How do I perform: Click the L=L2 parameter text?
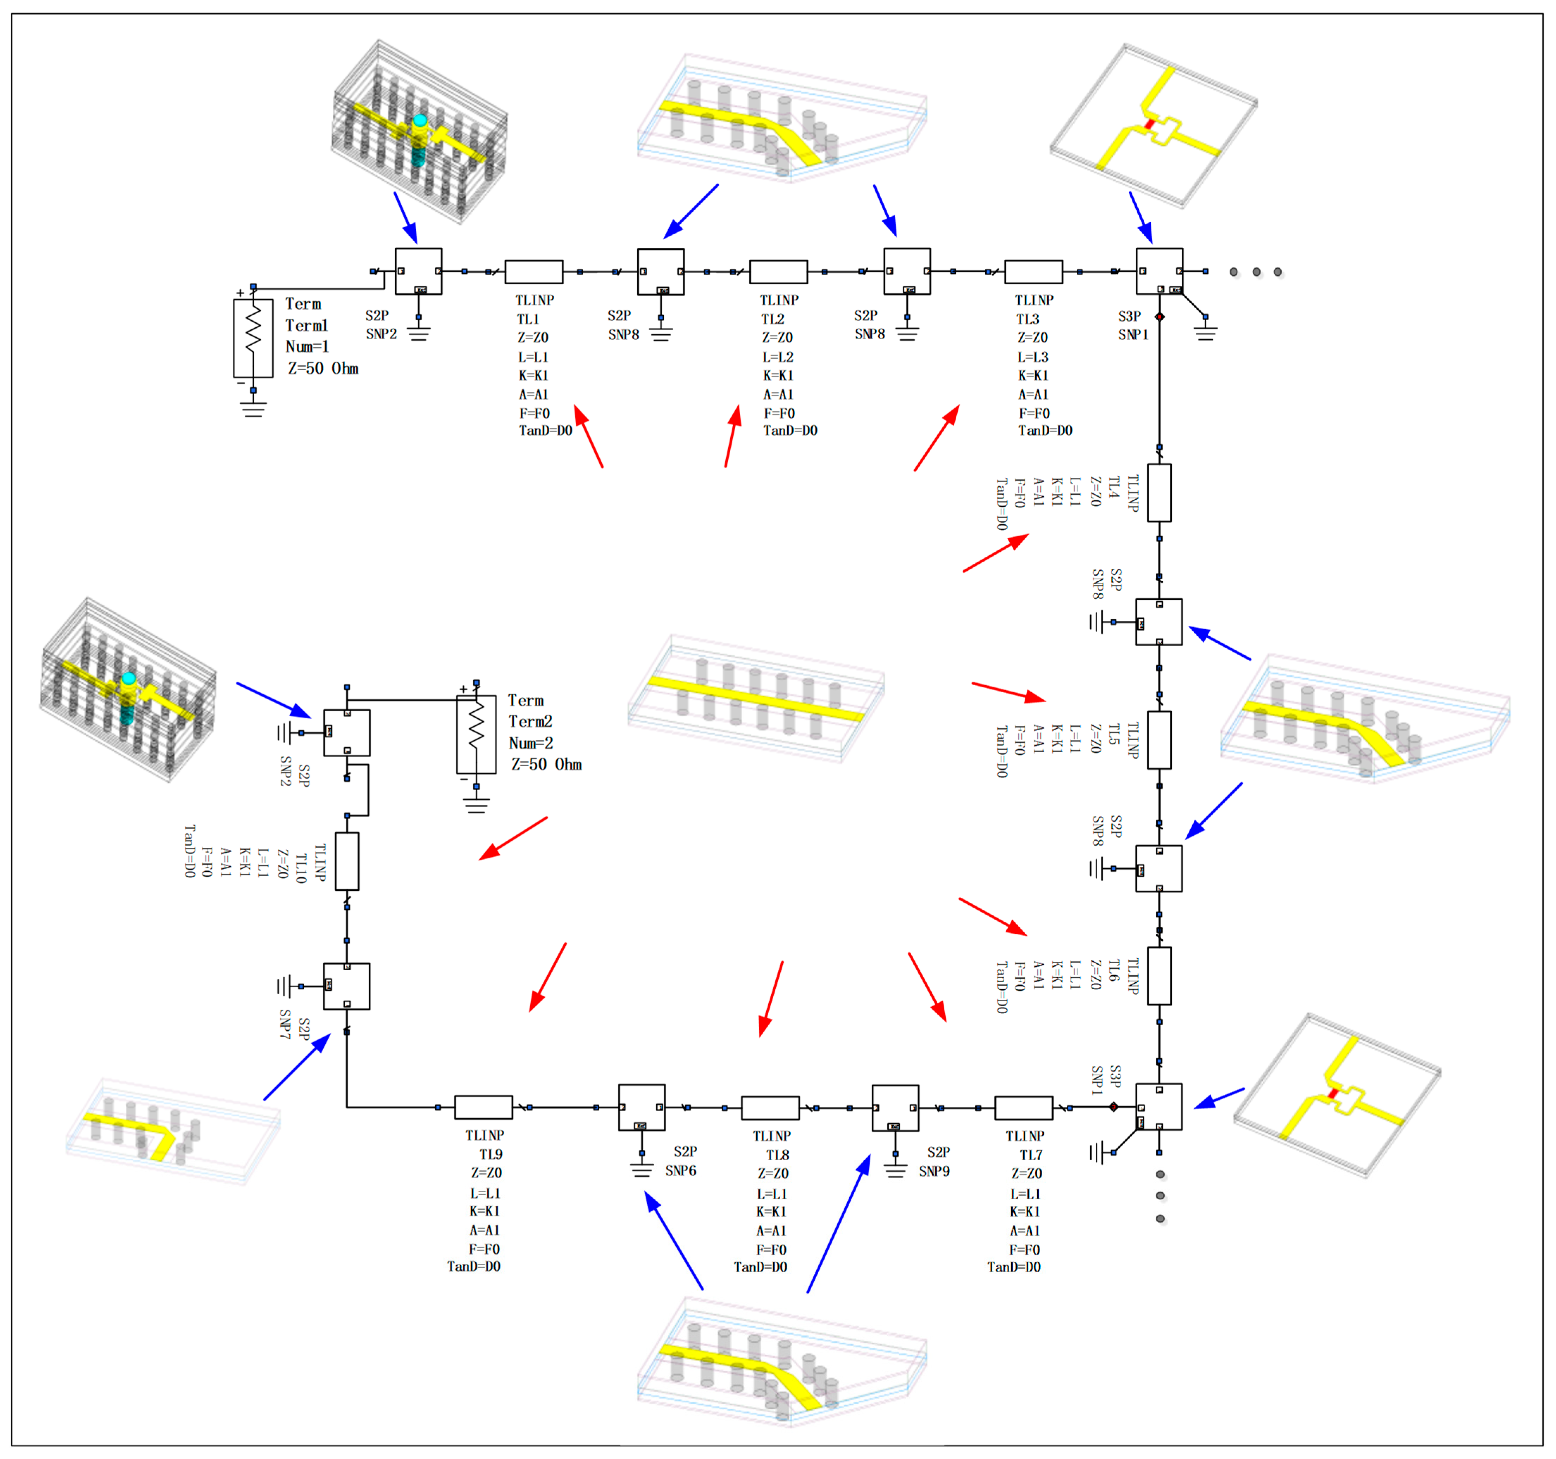click(x=778, y=356)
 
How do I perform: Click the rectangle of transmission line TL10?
click(x=347, y=861)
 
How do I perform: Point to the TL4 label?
click(x=1113, y=487)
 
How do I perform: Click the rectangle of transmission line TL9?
click(x=484, y=1107)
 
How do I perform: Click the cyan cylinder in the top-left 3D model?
click(x=419, y=122)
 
